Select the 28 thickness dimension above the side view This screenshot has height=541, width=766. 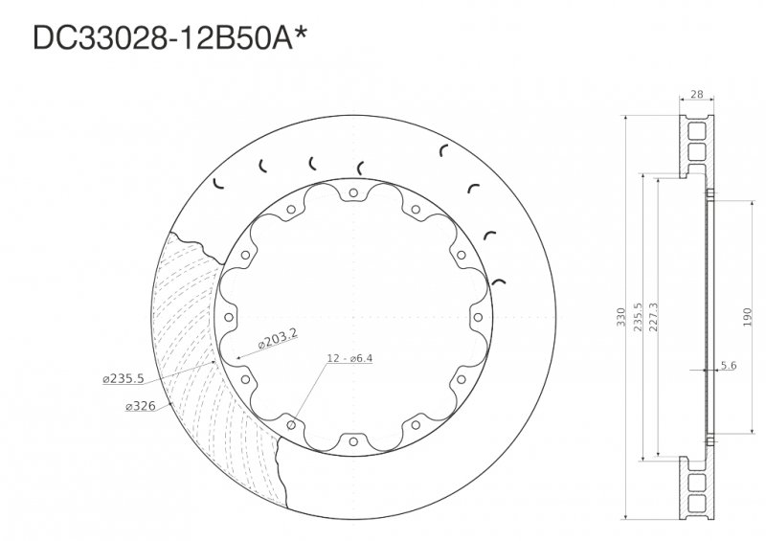[696, 95]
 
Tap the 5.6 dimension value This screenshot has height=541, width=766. [728, 366]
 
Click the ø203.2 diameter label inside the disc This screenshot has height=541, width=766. [278, 338]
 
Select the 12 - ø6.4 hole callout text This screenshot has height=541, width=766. [349, 358]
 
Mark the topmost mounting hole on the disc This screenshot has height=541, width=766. [353, 193]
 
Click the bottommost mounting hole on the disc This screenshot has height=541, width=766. [353, 441]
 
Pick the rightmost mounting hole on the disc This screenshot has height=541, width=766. [478, 317]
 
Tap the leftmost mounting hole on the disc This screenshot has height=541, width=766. [229, 318]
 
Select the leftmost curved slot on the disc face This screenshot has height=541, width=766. [217, 184]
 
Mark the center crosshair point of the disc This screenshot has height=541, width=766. [353, 318]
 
